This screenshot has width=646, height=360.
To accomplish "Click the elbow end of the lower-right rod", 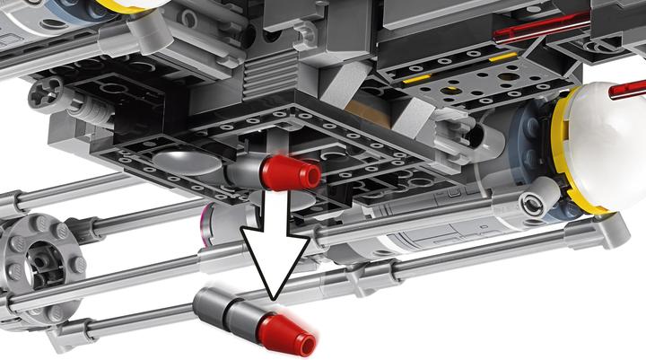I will coord(614,231).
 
